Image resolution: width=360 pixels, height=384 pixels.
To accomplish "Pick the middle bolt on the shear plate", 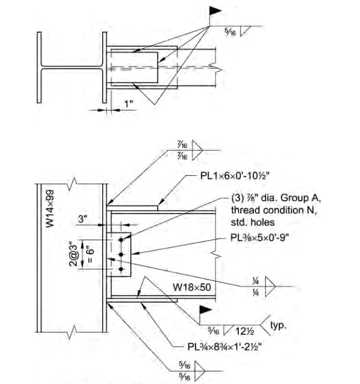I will tap(121, 254).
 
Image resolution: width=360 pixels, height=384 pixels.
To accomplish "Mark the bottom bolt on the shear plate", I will tap(121, 269).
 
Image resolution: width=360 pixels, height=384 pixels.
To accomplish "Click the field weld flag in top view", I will tap(215, 10).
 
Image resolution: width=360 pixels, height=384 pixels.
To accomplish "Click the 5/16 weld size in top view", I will tap(230, 32).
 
